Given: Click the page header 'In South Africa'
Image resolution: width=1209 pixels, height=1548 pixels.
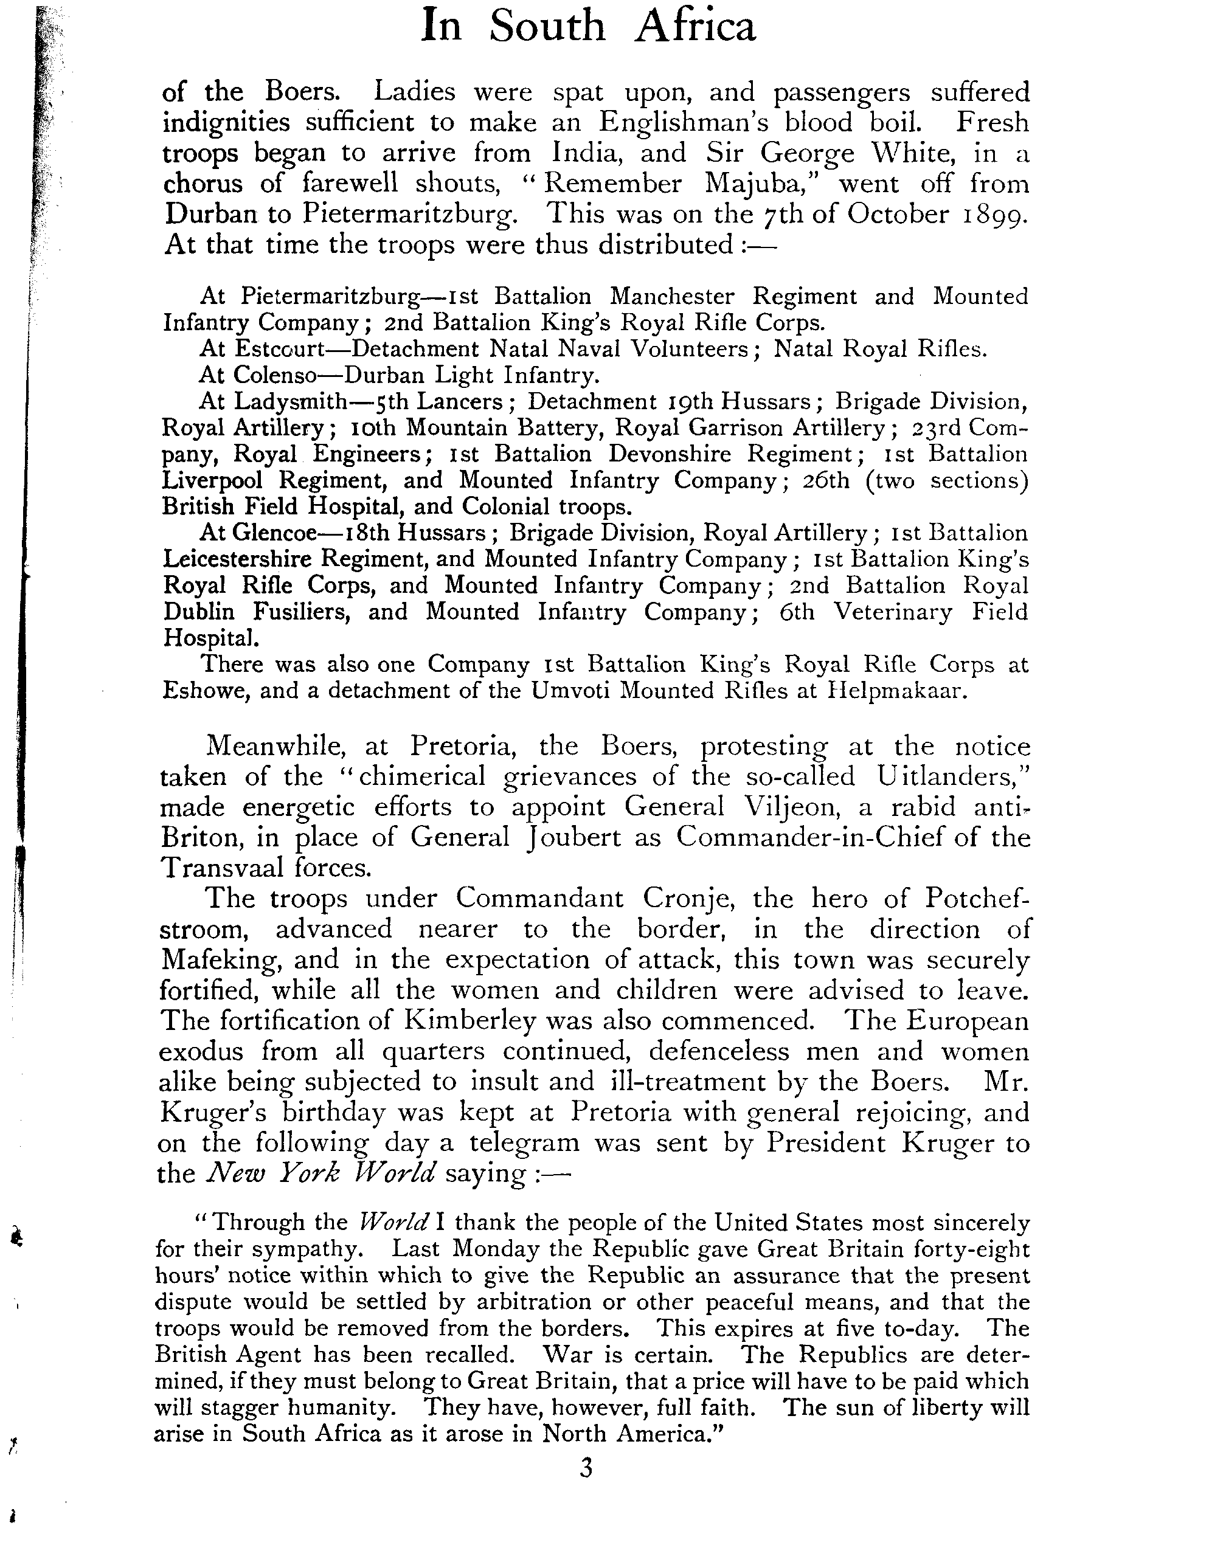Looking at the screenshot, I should (588, 26).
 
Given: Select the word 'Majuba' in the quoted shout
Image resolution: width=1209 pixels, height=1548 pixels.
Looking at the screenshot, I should (762, 184).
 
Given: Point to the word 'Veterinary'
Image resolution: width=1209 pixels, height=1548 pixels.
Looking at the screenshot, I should (893, 611).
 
